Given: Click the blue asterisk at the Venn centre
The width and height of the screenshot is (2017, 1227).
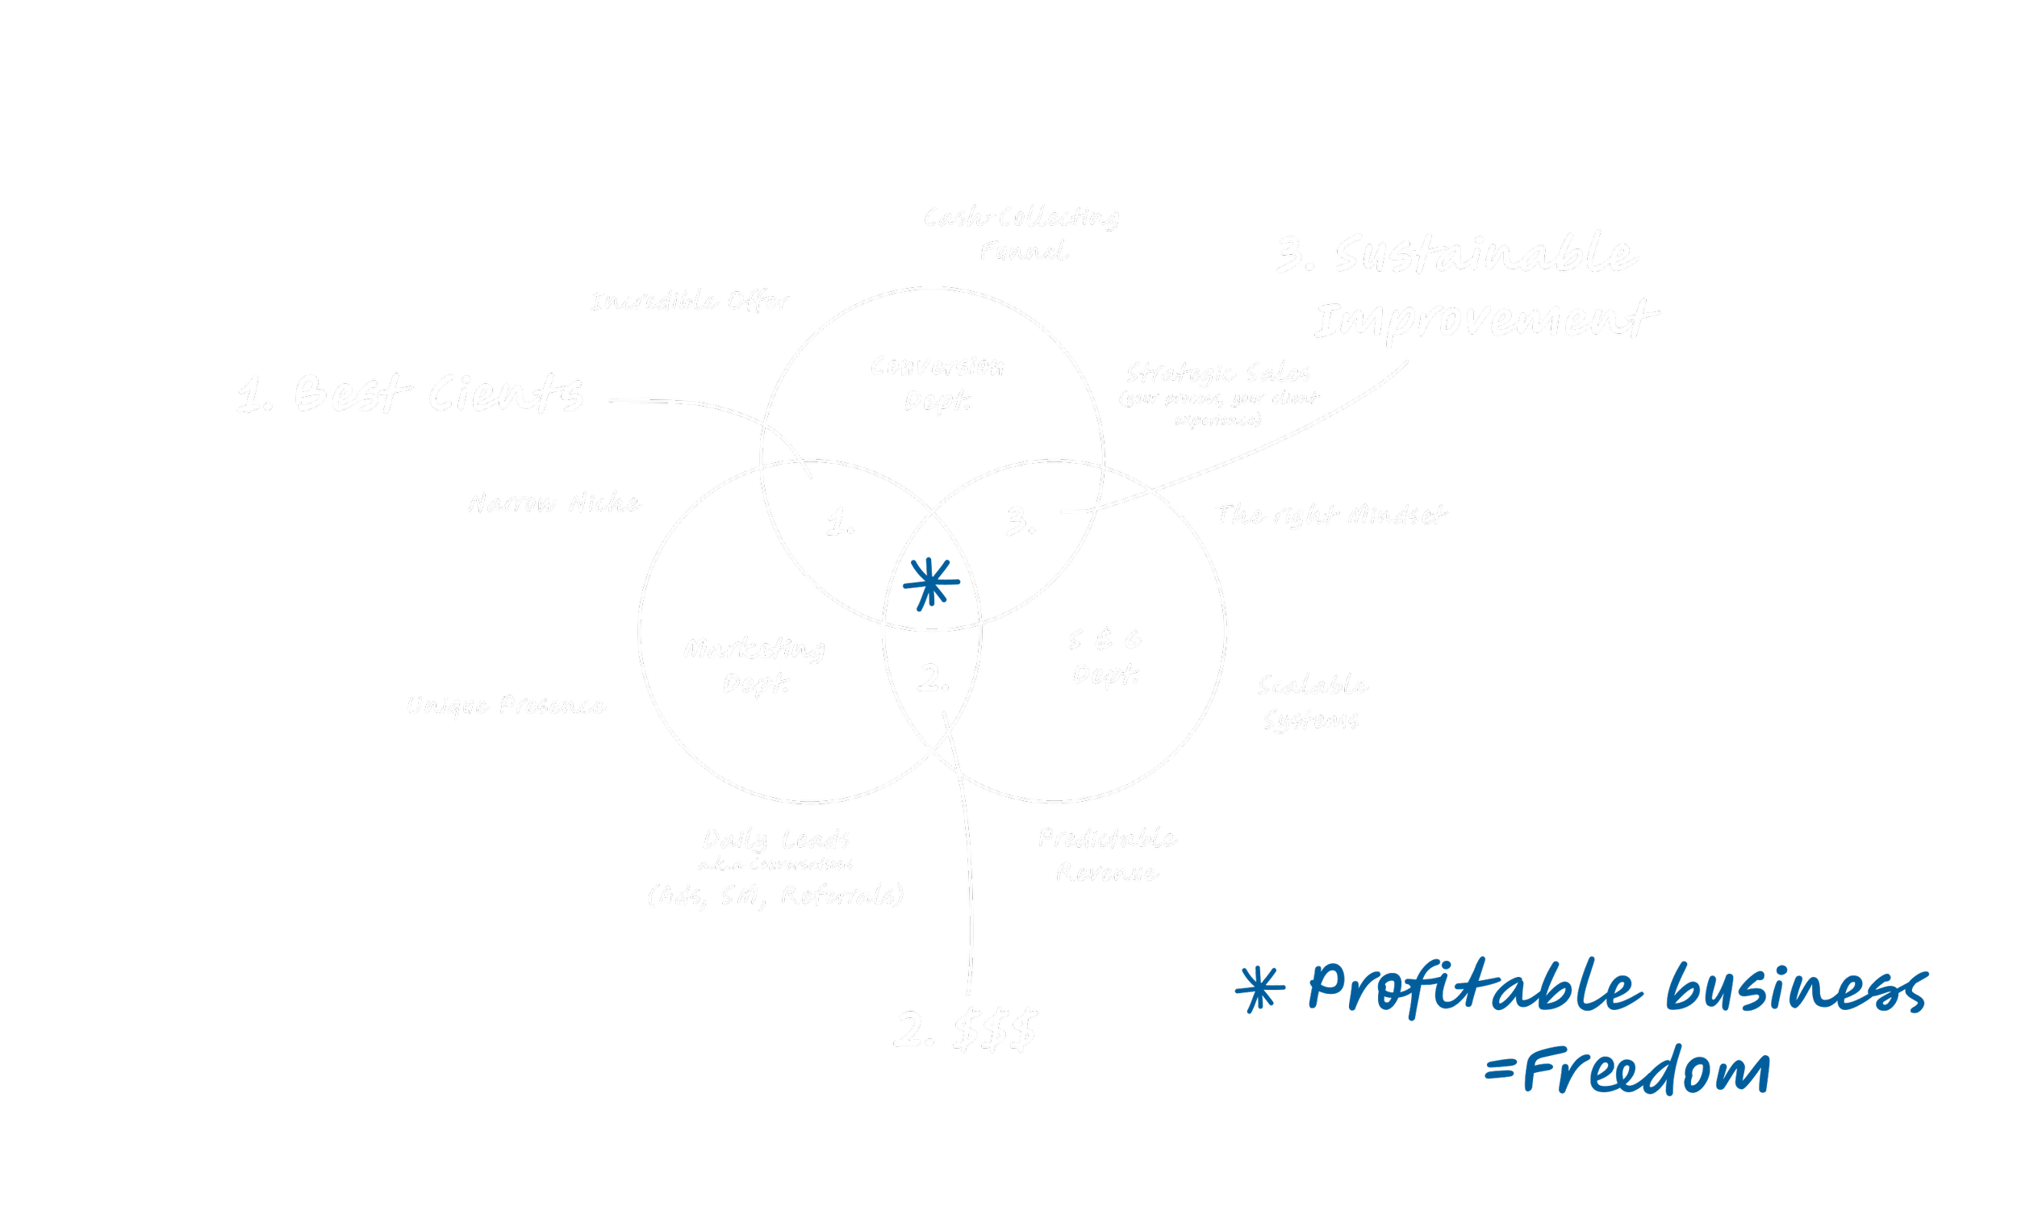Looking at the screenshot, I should coord(931,583).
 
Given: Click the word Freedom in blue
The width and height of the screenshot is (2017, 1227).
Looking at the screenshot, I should coord(1646,1070).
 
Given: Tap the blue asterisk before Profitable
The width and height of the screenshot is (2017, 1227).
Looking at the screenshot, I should coord(1259,989).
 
